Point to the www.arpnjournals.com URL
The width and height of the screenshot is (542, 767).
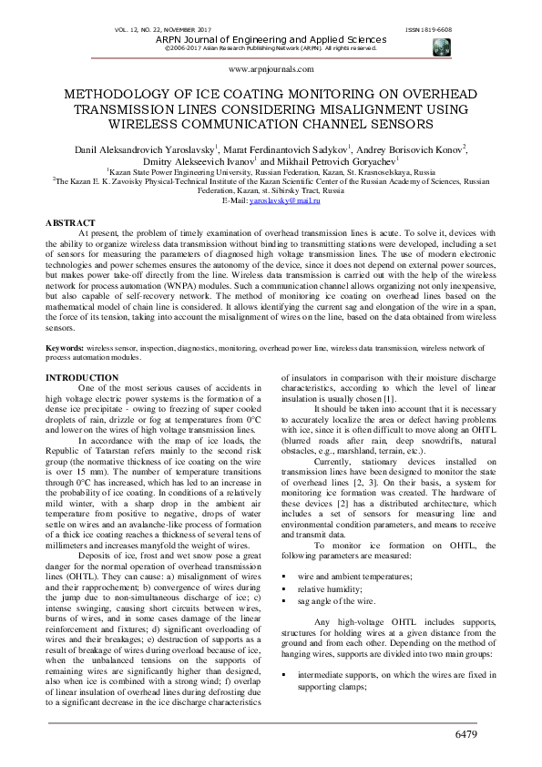coord(271,68)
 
